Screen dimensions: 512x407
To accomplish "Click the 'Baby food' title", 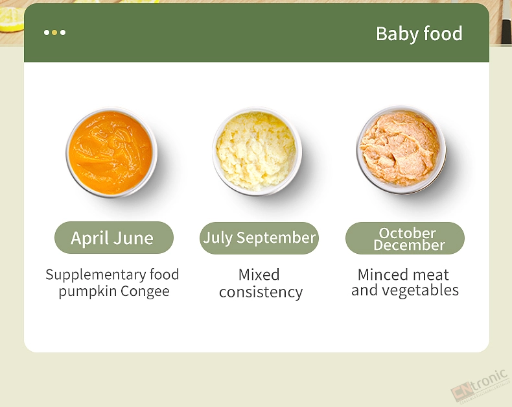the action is coord(419,34).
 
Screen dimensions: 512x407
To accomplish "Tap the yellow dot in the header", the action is coord(54,32).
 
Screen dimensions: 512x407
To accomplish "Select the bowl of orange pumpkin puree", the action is coord(111,153).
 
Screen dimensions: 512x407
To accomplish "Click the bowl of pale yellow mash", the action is coord(257,151).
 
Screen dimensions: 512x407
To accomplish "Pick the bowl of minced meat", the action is coord(401,150).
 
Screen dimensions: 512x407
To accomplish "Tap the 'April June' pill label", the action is coord(114,238).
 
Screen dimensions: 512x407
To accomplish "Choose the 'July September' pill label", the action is coord(259,238).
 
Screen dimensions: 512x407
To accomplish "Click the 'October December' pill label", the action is coord(405,238).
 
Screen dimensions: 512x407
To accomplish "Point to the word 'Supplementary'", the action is coord(96,275).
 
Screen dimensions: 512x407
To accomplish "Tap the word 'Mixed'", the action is coord(259,275).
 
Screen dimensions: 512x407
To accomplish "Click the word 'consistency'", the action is coord(261,292).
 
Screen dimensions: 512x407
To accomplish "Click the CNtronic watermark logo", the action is coord(480,386).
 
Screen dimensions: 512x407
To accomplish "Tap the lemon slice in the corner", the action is coord(12,19).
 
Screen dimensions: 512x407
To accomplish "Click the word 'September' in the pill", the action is coord(276,238).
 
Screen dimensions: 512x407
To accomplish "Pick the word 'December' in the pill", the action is coord(409,245).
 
